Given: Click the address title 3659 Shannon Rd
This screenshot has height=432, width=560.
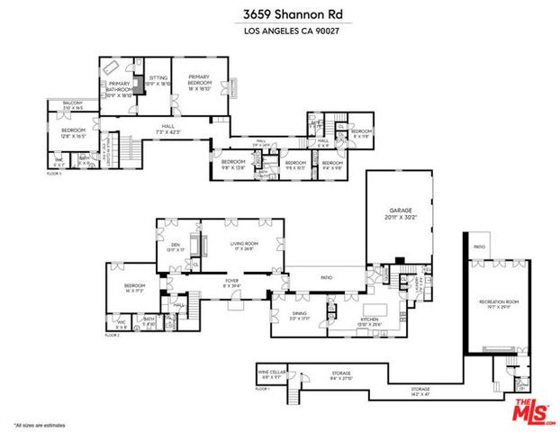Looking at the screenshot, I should click(x=279, y=14).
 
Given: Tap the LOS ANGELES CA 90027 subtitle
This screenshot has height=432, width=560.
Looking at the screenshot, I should click(x=279, y=32).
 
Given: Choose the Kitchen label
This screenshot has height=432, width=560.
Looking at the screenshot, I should click(x=371, y=319).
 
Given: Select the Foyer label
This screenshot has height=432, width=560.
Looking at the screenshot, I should click(x=231, y=281).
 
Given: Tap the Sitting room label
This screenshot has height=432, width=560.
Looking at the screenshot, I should click(x=158, y=80).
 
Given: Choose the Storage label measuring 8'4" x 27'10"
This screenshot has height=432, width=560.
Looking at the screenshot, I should click(x=340, y=373).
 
